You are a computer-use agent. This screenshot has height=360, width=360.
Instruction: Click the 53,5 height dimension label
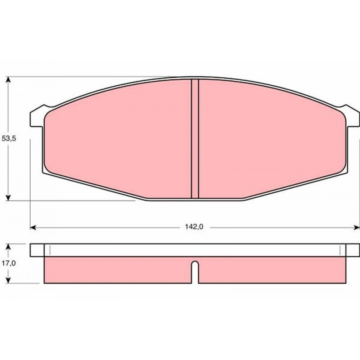[9, 139]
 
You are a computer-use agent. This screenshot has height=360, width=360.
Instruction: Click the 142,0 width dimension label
[194, 227]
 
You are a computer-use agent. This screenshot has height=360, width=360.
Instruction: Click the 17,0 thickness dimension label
[9, 264]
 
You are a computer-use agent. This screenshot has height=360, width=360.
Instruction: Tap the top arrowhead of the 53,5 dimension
[8, 80]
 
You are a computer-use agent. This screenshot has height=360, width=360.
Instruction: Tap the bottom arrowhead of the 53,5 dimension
[8, 197]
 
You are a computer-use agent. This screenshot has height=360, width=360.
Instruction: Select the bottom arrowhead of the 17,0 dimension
[8, 280]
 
